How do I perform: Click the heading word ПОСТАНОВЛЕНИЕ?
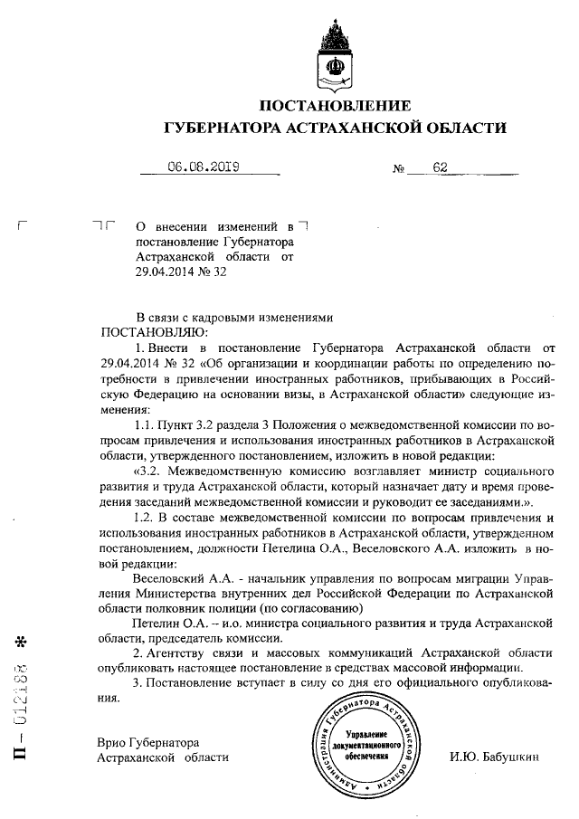point(335,105)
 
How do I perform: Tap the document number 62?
point(441,167)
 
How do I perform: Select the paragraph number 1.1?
point(145,424)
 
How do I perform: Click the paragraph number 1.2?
point(145,518)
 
